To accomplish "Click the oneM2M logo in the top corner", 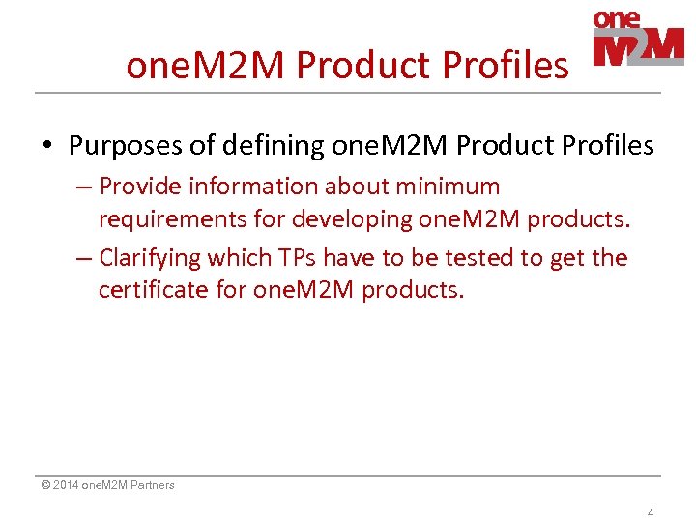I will (637, 39).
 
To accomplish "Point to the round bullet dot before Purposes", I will (47, 147).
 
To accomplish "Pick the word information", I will (252, 186).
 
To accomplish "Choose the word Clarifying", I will (149, 258).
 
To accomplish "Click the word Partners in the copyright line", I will (152, 485).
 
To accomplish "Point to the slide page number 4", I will (651, 512).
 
